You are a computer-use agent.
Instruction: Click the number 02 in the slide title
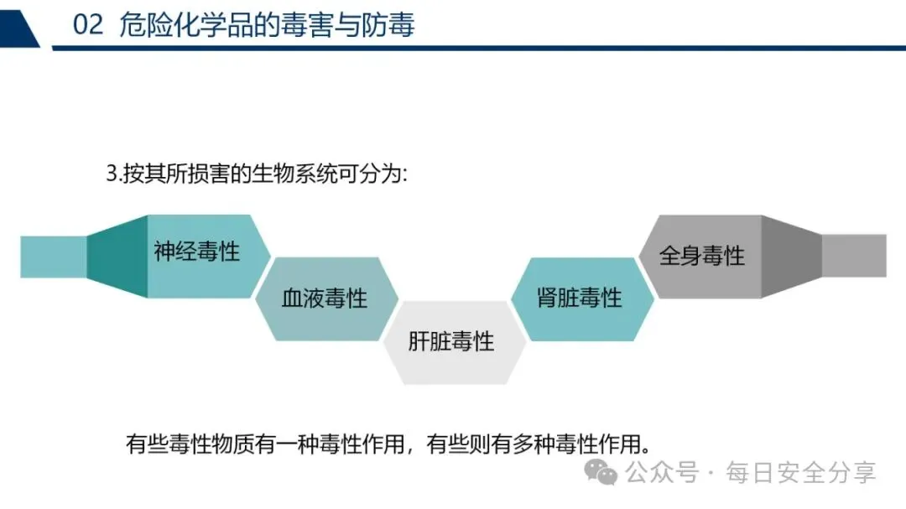click(x=88, y=25)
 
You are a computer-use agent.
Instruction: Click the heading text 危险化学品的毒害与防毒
click(x=267, y=25)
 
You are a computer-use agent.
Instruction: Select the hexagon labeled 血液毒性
click(x=325, y=299)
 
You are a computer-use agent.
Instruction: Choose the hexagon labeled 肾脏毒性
click(x=579, y=299)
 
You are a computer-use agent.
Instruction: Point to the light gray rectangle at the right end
click(x=854, y=256)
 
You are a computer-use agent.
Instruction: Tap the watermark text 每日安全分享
click(x=800, y=473)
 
